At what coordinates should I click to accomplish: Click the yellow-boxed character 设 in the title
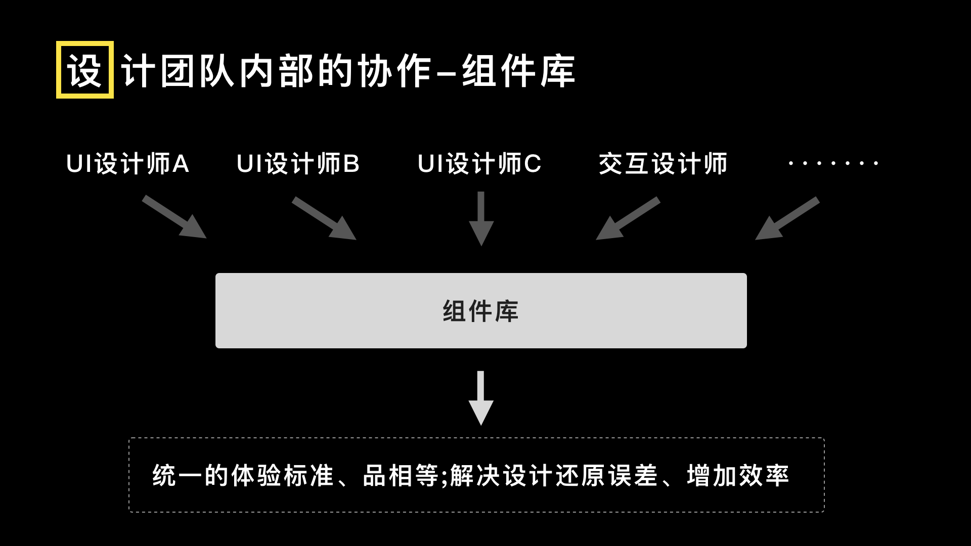coord(84,70)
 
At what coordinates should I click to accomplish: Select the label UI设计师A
coord(127,164)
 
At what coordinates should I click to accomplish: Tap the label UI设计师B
coord(298,164)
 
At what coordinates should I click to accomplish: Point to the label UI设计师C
coord(479,164)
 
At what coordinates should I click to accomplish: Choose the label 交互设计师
coord(663,164)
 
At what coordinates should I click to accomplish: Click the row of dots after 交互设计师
coord(833,163)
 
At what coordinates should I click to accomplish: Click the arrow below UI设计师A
coord(174,217)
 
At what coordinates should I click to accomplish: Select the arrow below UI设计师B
coord(324,218)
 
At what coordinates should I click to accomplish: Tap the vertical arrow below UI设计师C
coord(481,218)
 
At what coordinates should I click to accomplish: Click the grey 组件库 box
coord(481,310)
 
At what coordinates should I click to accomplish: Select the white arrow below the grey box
coord(481,398)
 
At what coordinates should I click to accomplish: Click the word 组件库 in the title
coord(518,71)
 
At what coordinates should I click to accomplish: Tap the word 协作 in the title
coord(395,71)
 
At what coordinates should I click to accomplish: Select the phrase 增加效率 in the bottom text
coord(738,476)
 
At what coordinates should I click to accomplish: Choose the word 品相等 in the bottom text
coord(401,476)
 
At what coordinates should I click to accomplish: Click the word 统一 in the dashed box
coord(178,476)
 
